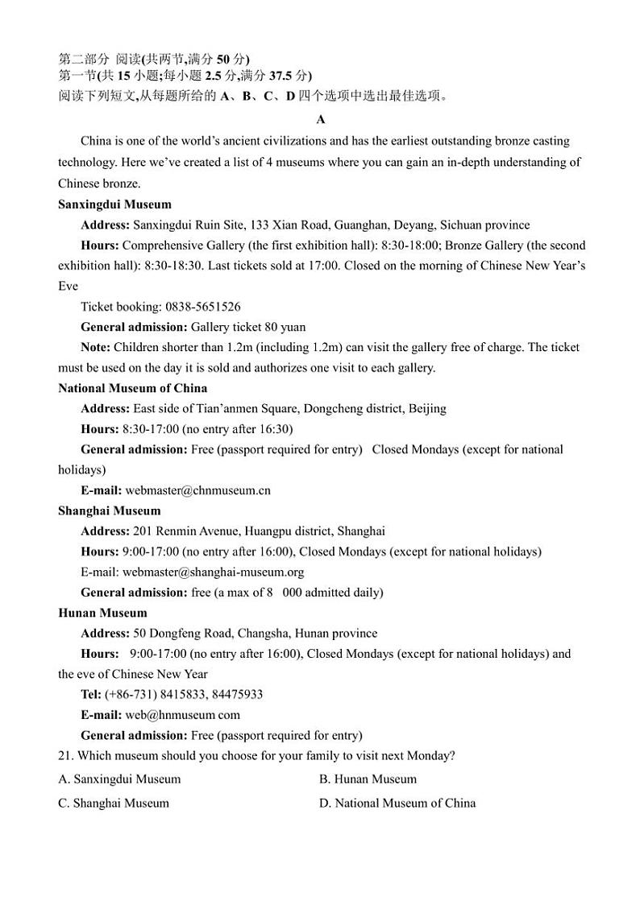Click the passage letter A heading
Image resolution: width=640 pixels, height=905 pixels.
[320, 120]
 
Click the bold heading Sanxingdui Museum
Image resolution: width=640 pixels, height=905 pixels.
[114, 205]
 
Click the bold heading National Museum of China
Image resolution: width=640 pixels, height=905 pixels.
[132, 388]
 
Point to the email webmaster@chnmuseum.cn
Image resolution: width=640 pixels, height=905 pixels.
[198, 490]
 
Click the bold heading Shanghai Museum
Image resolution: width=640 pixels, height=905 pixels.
[109, 510]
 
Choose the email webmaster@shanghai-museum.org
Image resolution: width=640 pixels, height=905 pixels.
[213, 572]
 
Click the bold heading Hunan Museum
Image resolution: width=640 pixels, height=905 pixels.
[102, 613]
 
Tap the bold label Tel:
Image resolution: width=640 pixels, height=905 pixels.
[91, 694]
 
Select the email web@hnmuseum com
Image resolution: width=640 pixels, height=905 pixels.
[183, 714]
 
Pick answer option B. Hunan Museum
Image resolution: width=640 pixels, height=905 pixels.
[368, 779]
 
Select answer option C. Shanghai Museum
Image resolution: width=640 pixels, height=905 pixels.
[114, 803]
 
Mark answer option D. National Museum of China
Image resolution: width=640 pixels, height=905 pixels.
[397, 803]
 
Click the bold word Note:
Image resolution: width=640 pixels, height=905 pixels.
[96, 347]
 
